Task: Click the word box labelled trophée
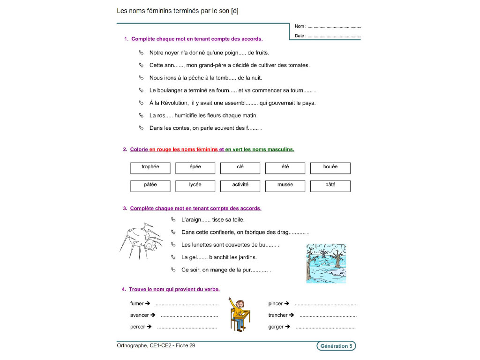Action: [x=150, y=168]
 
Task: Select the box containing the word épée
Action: [x=195, y=168]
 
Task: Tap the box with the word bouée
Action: [x=330, y=168]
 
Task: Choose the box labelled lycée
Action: [x=195, y=186]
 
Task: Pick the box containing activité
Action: [x=240, y=186]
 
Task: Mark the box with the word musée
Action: [x=285, y=186]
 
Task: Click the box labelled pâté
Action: [x=330, y=186]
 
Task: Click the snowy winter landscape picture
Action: [x=326, y=263]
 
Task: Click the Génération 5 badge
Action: [x=336, y=346]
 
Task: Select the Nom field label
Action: [x=300, y=27]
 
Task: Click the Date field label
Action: [x=300, y=36]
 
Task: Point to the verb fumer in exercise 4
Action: [x=137, y=304]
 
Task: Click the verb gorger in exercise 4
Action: [x=276, y=327]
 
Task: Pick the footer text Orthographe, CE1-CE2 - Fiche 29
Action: [x=156, y=346]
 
